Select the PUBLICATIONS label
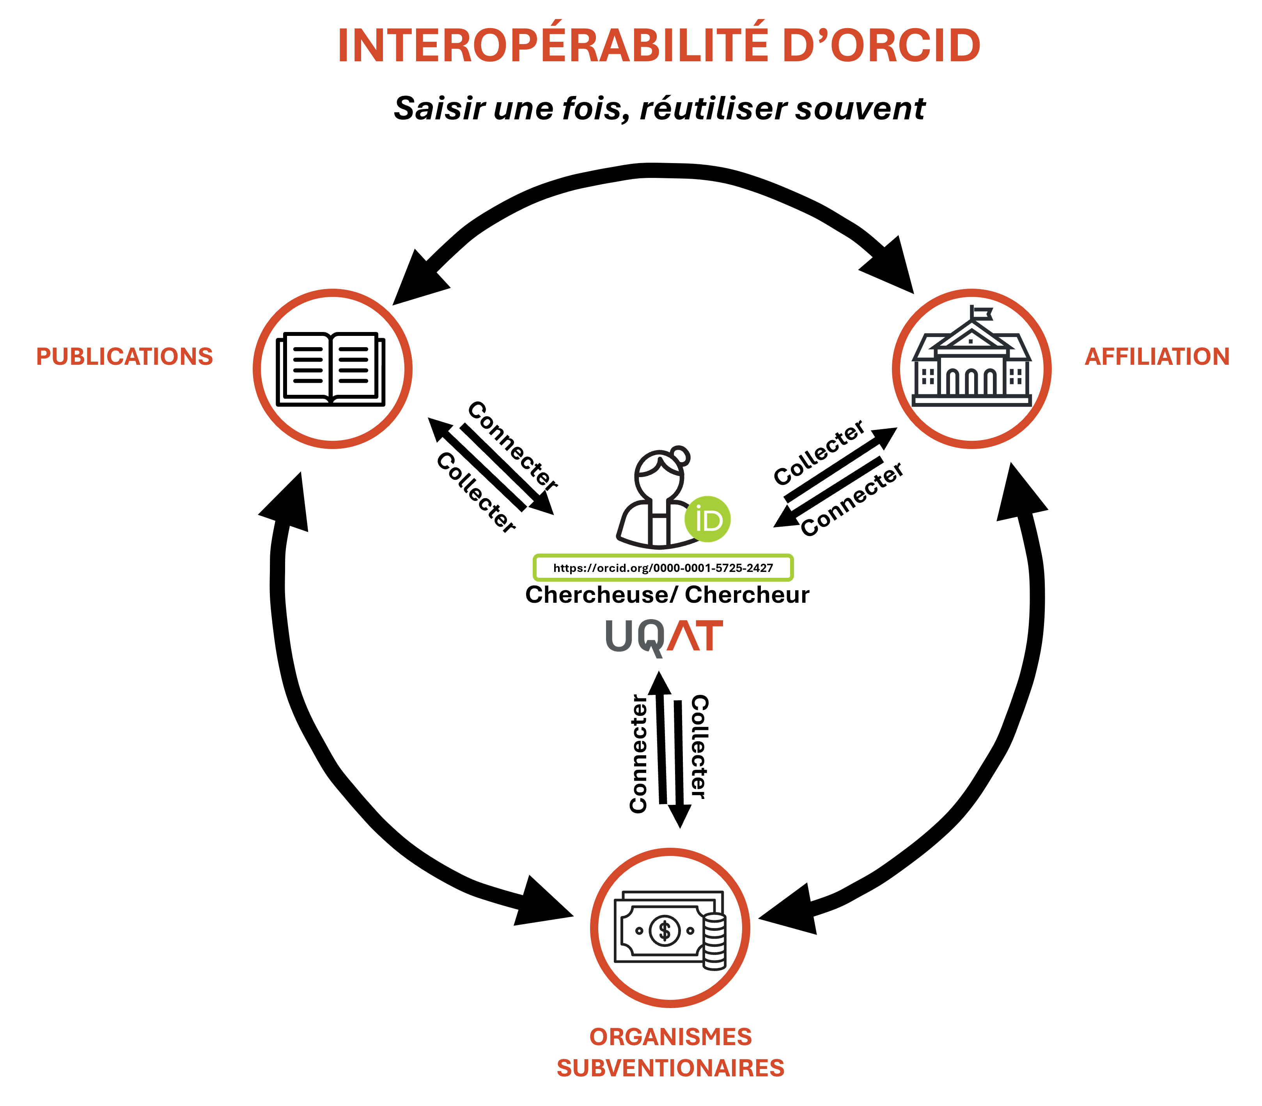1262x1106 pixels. tap(124, 357)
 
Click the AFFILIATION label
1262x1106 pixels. tap(1157, 357)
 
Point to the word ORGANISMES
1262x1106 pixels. tap(670, 1037)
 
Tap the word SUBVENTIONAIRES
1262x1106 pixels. tap(670, 1068)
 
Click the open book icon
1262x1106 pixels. tap(331, 369)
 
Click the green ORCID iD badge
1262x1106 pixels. tap(707, 519)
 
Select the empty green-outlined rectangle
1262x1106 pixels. tap(663, 568)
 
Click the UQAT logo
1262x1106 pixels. tap(664, 637)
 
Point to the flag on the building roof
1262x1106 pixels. tap(982, 314)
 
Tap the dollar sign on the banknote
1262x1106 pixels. tap(664, 930)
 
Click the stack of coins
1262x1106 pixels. tap(714, 941)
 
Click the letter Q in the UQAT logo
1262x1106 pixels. tap(651, 637)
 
